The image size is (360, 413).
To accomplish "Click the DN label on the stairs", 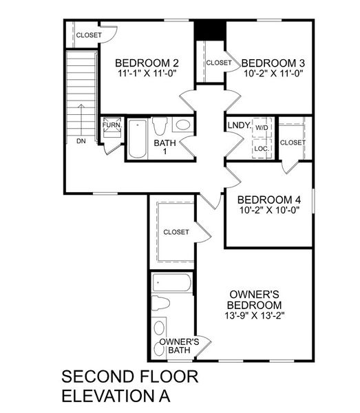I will click(x=81, y=142).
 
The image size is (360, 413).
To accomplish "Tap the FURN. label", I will click(x=111, y=125).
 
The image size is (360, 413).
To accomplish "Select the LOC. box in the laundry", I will click(x=262, y=147).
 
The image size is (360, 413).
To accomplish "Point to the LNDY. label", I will click(x=238, y=126).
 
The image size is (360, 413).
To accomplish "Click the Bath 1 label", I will click(x=165, y=147).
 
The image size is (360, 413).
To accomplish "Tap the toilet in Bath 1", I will click(x=160, y=126).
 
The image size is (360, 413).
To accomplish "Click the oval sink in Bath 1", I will click(x=182, y=125).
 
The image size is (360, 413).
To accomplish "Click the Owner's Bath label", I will click(x=180, y=345).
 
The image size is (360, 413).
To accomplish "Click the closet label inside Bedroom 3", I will click(x=219, y=63).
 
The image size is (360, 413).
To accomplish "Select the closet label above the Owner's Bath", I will click(x=176, y=232).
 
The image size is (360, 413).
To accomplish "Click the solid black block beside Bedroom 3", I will click(x=210, y=30).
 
